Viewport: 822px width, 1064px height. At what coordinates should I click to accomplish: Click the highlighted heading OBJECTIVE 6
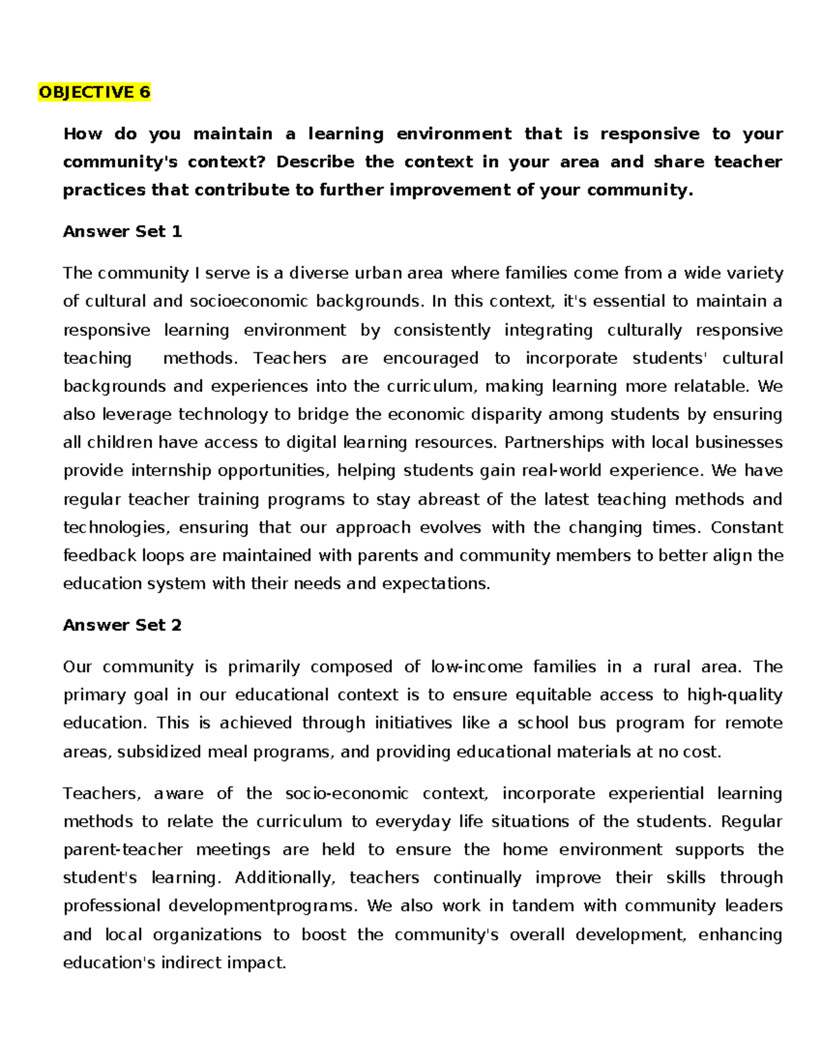point(94,92)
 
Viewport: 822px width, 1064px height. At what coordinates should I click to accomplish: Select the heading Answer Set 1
point(122,232)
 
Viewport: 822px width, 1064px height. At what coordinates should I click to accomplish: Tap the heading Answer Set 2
point(122,625)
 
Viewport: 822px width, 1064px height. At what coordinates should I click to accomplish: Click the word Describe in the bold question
point(315,162)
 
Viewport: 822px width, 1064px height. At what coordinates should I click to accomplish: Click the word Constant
point(747,528)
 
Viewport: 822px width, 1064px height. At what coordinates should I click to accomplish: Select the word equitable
point(553,695)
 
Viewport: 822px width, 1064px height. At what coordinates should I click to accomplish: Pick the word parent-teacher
point(123,850)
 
